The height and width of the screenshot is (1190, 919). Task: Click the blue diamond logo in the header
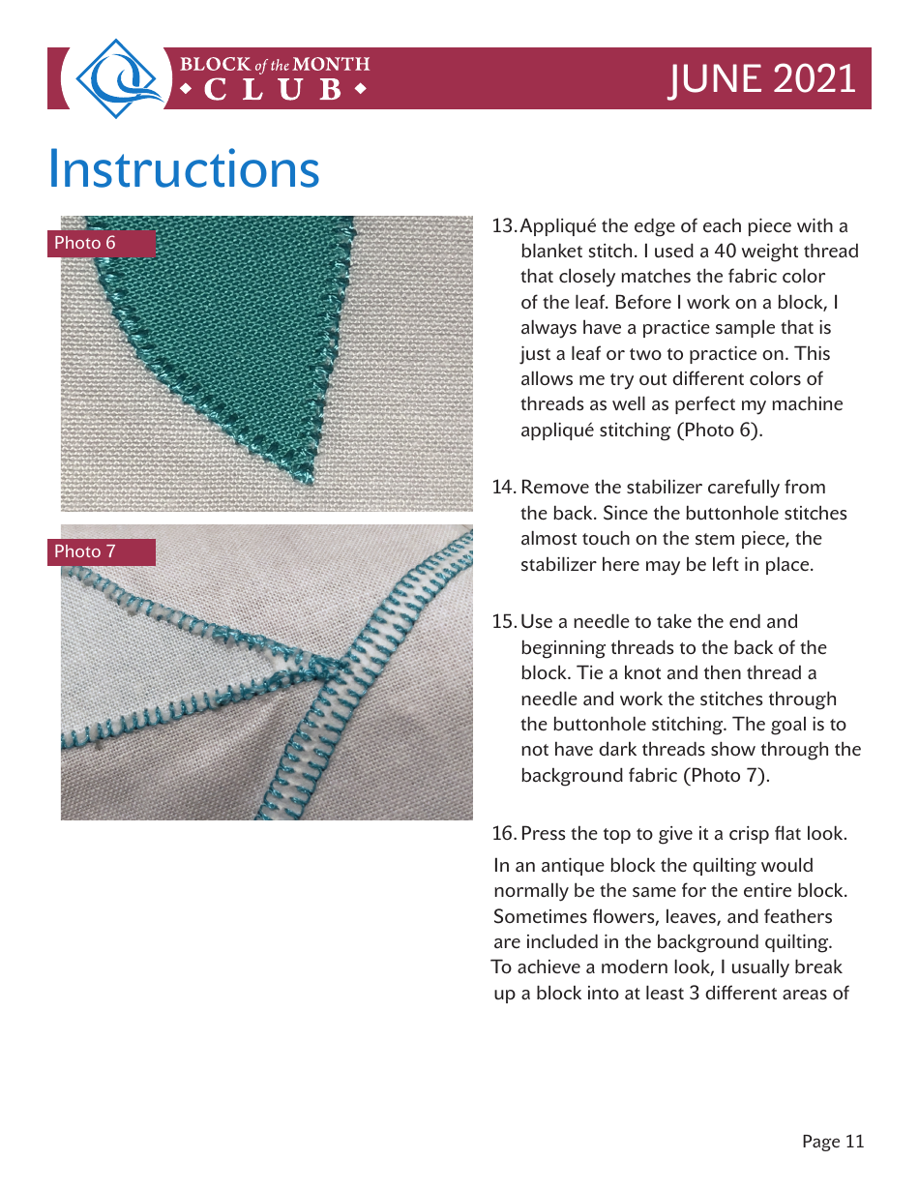(x=117, y=78)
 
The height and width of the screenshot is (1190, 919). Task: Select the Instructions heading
(x=184, y=168)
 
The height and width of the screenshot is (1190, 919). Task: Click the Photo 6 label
(x=85, y=243)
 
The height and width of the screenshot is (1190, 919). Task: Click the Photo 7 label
(x=85, y=551)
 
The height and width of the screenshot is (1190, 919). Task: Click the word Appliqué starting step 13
(x=558, y=226)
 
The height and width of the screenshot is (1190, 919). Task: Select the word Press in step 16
(x=544, y=834)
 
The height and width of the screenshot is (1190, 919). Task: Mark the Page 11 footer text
(x=832, y=1142)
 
